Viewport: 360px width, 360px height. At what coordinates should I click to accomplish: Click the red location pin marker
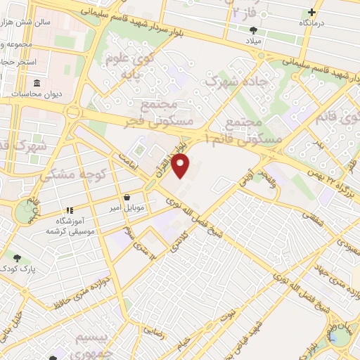[x=181, y=166]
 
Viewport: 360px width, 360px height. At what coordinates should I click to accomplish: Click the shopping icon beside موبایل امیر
[x=125, y=198]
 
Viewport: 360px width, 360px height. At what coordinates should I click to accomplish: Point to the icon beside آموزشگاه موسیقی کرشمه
[x=70, y=210]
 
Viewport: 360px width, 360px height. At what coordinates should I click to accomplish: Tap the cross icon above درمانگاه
[x=312, y=12]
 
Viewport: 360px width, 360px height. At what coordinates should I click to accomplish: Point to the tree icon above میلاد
[x=253, y=30]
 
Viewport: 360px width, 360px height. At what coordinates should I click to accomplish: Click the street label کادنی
[x=178, y=240]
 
